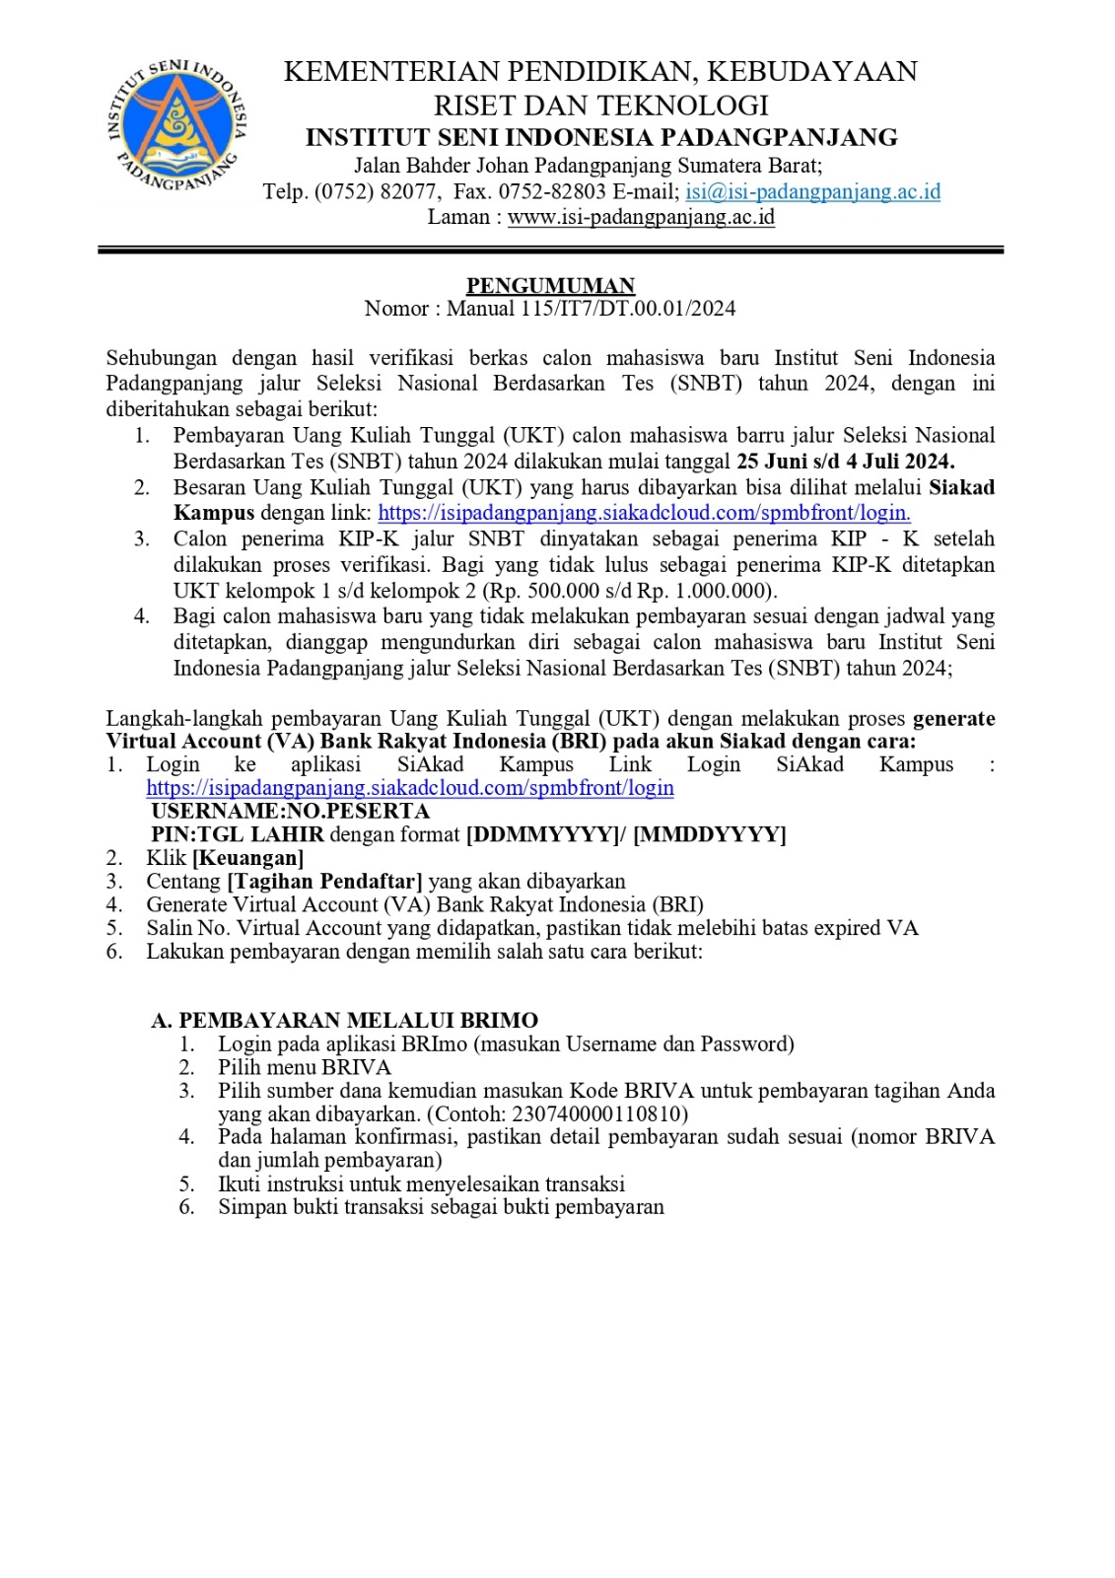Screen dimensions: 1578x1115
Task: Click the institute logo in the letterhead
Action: (x=176, y=125)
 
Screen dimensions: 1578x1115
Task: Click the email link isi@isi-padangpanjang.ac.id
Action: (x=812, y=191)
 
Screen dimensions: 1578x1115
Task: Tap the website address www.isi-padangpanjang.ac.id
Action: (x=641, y=217)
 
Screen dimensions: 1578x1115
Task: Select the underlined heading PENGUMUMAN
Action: (x=550, y=285)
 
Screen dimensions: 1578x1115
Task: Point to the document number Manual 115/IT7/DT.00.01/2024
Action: (x=591, y=309)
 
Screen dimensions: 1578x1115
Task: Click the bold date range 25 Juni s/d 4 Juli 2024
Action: (x=845, y=461)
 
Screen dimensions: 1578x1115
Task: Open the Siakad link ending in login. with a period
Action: (x=644, y=513)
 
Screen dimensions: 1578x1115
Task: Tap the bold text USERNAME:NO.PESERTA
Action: (x=290, y=812)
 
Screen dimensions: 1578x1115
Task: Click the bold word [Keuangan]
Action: (x=247, y=858)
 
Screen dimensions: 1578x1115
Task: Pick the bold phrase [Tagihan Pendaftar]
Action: (x=324, y=882)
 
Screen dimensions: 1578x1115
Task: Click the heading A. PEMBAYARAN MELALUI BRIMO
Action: (x=344, y=1021)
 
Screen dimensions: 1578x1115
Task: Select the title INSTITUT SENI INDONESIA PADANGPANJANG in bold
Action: (x=601, y=137)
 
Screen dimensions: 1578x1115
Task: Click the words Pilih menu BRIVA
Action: (x=304, y=1067)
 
